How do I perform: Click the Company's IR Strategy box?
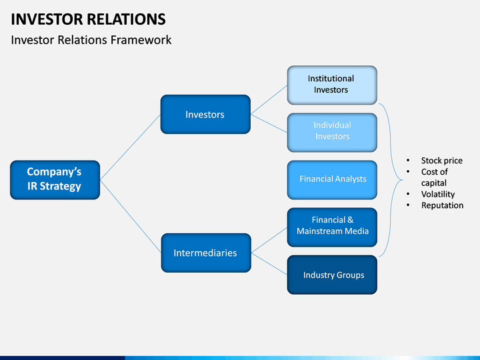[x=55, y=180]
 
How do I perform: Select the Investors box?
[x=205, y=114]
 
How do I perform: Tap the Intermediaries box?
[x=206, y=253]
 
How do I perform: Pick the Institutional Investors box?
[x=332, y=85]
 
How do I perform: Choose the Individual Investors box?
[x=332, y=133]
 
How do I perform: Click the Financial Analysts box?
[x=332, y=180]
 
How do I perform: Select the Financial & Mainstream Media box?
[x=332, y=227]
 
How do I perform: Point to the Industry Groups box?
[x=332, y=275]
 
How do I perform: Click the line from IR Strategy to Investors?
[x=131, y=147]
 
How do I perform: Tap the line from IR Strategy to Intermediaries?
[x=131, y=217]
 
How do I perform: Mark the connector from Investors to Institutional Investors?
[x=269, y=100]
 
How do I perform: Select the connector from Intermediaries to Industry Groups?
[x=269, y=264]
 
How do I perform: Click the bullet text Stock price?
[x=442, y=161]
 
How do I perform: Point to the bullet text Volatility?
[x=438, y=194]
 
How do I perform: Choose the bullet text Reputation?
[x=443, y=205]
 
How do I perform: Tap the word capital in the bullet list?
[x=434, y=183]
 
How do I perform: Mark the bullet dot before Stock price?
[x=408, y=160]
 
